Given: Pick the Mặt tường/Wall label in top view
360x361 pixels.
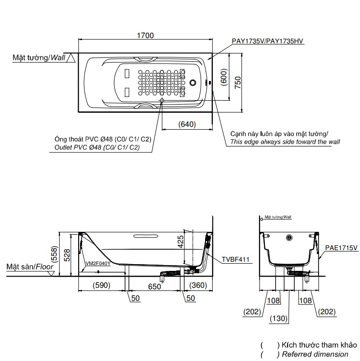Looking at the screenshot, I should [x=39, y=57].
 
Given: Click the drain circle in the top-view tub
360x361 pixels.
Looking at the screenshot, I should [x=195, y=81].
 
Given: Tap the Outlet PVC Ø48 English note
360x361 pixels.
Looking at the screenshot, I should [x=97, y=147].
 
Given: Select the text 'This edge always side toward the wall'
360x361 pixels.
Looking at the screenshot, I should [x=285, y=142].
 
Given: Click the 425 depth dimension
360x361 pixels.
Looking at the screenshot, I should [x=180, y=241].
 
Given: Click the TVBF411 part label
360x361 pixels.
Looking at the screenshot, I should [x=235, y=259].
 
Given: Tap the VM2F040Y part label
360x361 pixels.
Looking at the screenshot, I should [x=98, y=264].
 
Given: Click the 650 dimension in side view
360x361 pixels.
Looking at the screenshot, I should [x=154, y=286].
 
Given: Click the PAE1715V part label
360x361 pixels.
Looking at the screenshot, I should [x=341, y=248].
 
